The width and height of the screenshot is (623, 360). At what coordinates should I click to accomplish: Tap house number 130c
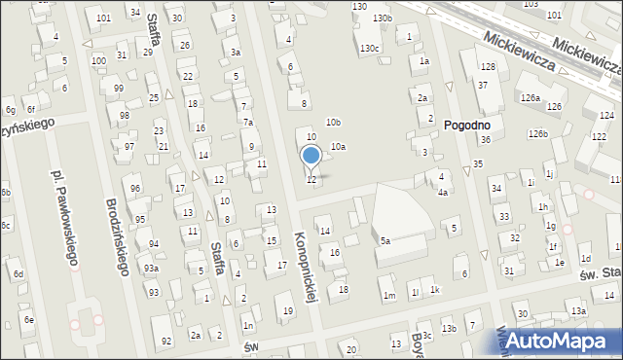click(370, 48)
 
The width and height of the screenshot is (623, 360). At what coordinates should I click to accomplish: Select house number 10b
click(333, 122)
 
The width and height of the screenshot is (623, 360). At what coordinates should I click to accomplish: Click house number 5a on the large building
click(385, 240)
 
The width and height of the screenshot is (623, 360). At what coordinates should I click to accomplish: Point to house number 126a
click(530, 98)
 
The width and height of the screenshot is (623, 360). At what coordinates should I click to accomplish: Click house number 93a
click(151, 268)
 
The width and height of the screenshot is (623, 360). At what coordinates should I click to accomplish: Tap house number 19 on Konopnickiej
click(287, 310)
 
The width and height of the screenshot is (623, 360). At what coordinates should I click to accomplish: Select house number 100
click(98, 60)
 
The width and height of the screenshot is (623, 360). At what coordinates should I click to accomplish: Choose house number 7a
click(248, 122)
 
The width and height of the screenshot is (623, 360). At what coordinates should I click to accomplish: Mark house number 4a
click(442, 192)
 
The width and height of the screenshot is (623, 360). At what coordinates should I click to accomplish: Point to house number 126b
click(538, 133)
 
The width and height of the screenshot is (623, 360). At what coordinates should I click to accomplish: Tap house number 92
click(166, 340)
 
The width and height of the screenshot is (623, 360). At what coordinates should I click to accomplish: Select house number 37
click(483, 86)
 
